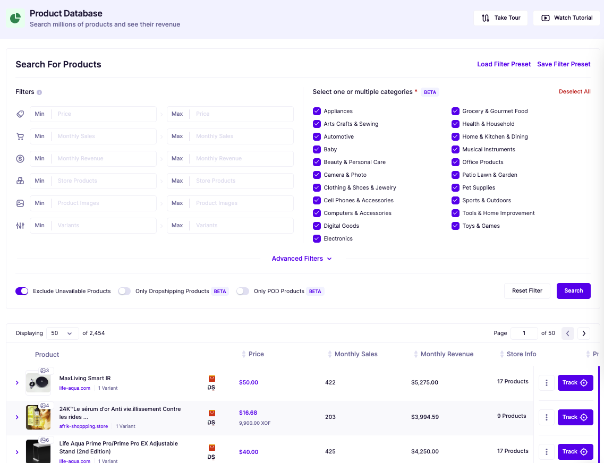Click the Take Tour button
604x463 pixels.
(501, 18)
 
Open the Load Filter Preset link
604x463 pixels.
(504, 64)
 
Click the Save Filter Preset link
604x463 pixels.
(564, 64)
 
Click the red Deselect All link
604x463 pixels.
(574, 92)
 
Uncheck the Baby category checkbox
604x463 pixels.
(317, 150)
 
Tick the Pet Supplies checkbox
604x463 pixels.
(455, 188)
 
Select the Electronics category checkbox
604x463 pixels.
(317, 239)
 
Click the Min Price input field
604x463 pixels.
(104, 114)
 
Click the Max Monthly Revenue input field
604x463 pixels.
(242, 159)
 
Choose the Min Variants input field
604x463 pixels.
(104, 226)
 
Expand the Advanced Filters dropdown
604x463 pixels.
(302, 259)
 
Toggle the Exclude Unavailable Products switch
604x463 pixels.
(22, 291)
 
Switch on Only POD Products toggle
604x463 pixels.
(243, 291)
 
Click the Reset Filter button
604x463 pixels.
(527, 291)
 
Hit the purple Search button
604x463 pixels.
(573, 291)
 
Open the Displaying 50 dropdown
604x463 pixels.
(62, 333)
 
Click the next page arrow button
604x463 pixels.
(584, 333)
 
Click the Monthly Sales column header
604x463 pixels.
(355, 354)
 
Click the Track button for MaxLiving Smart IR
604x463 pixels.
(575, 383)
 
